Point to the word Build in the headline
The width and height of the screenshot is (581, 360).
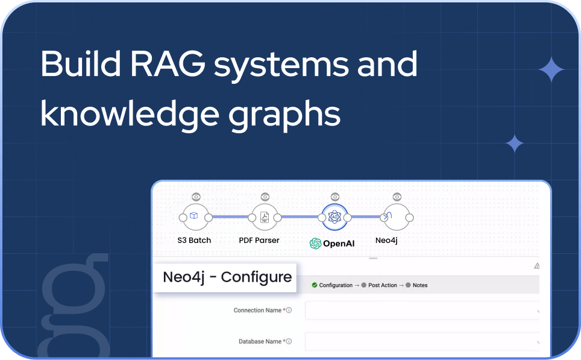point(78,64)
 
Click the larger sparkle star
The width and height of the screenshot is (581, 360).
point(551,71)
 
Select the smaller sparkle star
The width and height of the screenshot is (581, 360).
point(514,144)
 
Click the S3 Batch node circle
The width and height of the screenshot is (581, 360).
point(195,218)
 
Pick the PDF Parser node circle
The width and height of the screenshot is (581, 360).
point(264,218)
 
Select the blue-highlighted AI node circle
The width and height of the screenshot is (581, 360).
point(335,218)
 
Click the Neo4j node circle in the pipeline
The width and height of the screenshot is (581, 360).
point(396,218)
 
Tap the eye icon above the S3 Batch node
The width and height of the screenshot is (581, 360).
point(196,197)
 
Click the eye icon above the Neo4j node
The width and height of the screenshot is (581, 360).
point(396,197)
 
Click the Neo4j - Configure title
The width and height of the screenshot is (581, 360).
point(227,277)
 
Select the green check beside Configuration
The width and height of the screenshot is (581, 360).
point(315,285)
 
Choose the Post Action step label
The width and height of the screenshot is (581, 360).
point(382,285)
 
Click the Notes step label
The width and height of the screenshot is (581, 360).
point(420,285)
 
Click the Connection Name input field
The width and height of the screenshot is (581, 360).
point(422,311)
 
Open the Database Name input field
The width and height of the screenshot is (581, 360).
point(422,341)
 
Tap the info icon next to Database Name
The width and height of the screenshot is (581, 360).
point(289,341)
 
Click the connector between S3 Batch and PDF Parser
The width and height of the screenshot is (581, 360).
point(230,217)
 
